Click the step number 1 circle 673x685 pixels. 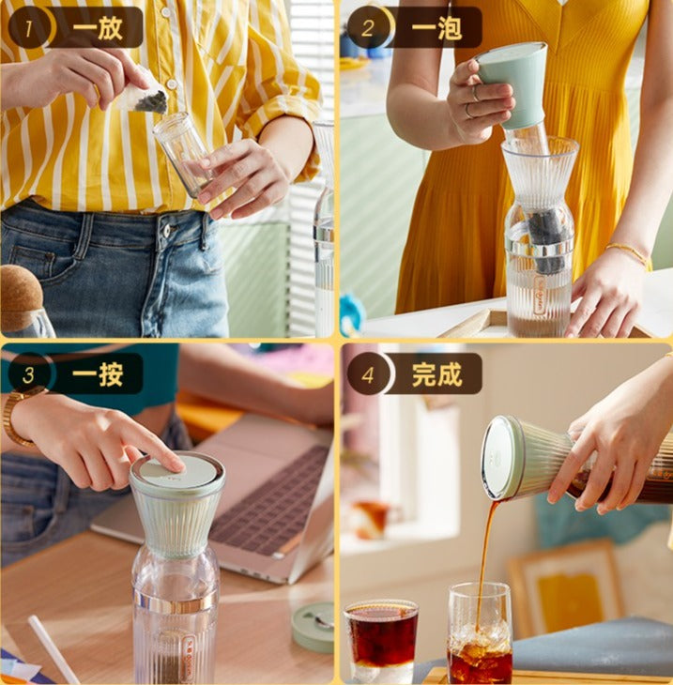point(28,27)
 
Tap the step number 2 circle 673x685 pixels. point(368,27)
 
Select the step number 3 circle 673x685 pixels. point(28,374)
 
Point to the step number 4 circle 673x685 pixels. point(368,374)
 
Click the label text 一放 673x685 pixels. point(97,27)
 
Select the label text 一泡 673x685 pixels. point(436,27)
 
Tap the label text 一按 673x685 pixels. point(97,374)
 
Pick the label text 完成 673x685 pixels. point(436,374)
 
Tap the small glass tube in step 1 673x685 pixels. point(181,154)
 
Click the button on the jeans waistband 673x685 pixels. point(166,231)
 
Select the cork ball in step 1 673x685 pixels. point(20,297)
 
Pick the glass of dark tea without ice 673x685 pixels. point(381,641)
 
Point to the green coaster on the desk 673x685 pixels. point(314,628)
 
